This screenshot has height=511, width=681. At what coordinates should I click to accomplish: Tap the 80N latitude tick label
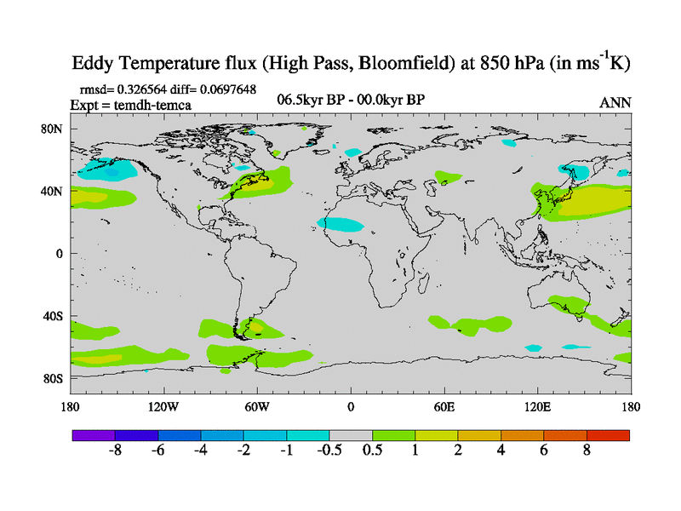coord(55,129)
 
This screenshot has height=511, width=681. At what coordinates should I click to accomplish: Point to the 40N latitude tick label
coord(55,191)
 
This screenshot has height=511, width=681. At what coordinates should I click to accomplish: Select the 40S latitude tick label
coord(55,316)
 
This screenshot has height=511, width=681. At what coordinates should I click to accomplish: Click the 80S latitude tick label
coord(55,378)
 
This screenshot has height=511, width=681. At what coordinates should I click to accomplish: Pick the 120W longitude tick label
coord(163,406)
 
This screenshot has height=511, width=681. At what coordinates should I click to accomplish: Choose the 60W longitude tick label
coord(257,406)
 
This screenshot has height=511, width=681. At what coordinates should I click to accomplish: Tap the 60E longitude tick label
coord(444,406)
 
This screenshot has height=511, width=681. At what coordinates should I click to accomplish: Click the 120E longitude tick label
coord(538,406)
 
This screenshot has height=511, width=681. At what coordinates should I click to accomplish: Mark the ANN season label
coord(615,102)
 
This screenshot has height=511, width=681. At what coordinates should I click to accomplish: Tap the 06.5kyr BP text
coord(311,100)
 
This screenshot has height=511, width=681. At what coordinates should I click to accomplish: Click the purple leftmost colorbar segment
coord(93,435)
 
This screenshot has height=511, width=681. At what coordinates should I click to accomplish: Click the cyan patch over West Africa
coord(341,225)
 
